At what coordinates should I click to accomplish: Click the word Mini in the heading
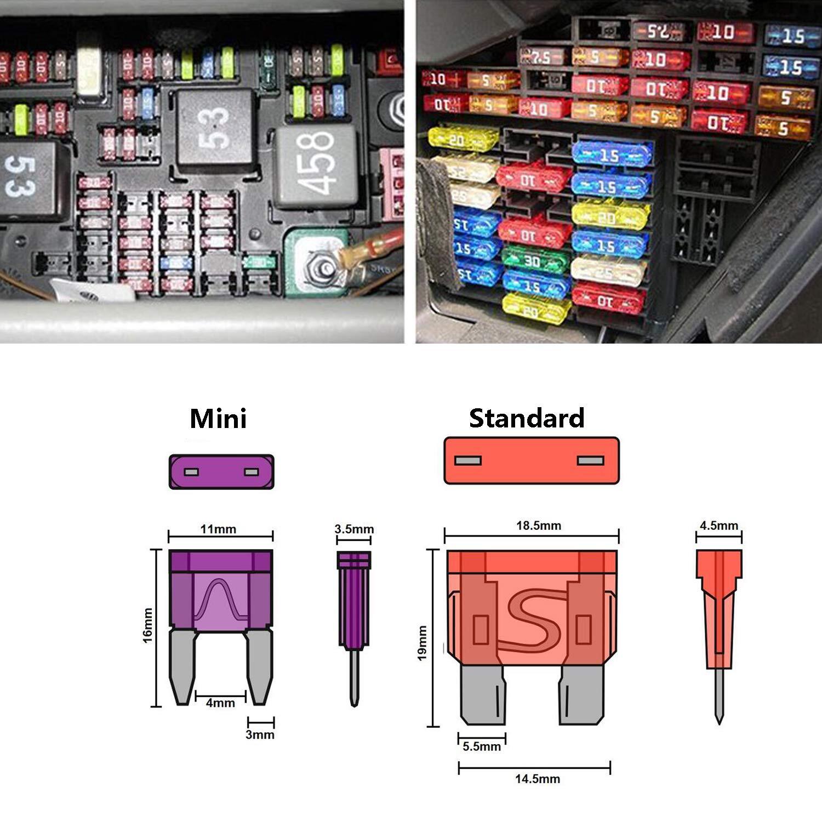pyautogui.click(x=218, y=419)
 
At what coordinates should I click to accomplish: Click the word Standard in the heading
pyautogui.click(x=527, y=419)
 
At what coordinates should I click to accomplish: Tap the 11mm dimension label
pyautogui.click(x=218, y=529)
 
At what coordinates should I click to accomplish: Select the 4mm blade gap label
pyautogui.click(x=220, y=703)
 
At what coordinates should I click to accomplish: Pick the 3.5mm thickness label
pyautogui.click(x=354, y=529)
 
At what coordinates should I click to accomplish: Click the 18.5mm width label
pyautogui.click(x=538, y=526)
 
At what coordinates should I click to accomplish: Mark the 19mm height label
pyautogui.click(x=423, y=643)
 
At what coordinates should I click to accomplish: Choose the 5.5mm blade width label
pyautogui.click(x=482, y=746)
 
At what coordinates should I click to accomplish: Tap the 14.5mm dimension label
pyautogui.click(x=537, y=779)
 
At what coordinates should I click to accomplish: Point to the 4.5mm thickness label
pyautogui.click(x=718, y=526)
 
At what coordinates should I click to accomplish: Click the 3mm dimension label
pyautogui.click(x=260, y=734)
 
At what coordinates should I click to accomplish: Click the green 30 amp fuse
pyautogui.click(x=529, y=262)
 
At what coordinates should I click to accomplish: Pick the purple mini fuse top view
pyautogui.click(x=221, y=472)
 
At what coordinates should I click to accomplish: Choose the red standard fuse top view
pyautogui.click(x=531, y=460)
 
